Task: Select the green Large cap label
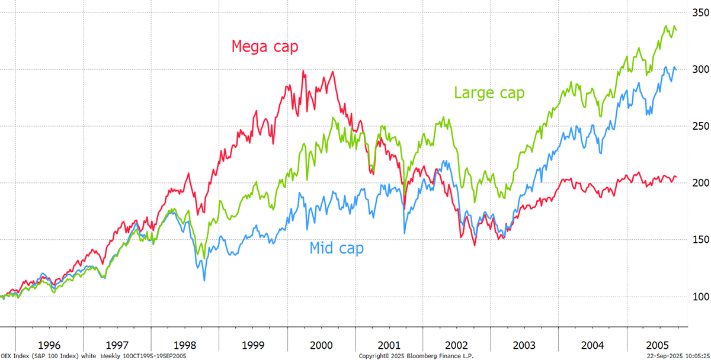click(x=489, y=92)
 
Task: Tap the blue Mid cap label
click(x=337, y=248)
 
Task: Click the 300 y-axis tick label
click(x=699, y=69)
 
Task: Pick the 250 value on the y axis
click(x=699, y=126)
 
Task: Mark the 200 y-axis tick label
click(x=699, y=182)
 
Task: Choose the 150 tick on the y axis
click(x=699, y=239)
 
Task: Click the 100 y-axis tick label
click(x=699, y=296)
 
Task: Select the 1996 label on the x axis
click(x=49, y=345)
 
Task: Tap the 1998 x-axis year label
click(x=185, y=345)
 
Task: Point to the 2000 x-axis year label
click(x=322, y=345)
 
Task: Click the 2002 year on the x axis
click(x=456, y=345)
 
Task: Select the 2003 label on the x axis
click(x=524, y=345)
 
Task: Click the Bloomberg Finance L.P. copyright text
click(x=417, y=356)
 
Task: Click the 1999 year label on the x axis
click(x=253, y=345)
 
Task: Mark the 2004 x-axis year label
click(x=592, y=345)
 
